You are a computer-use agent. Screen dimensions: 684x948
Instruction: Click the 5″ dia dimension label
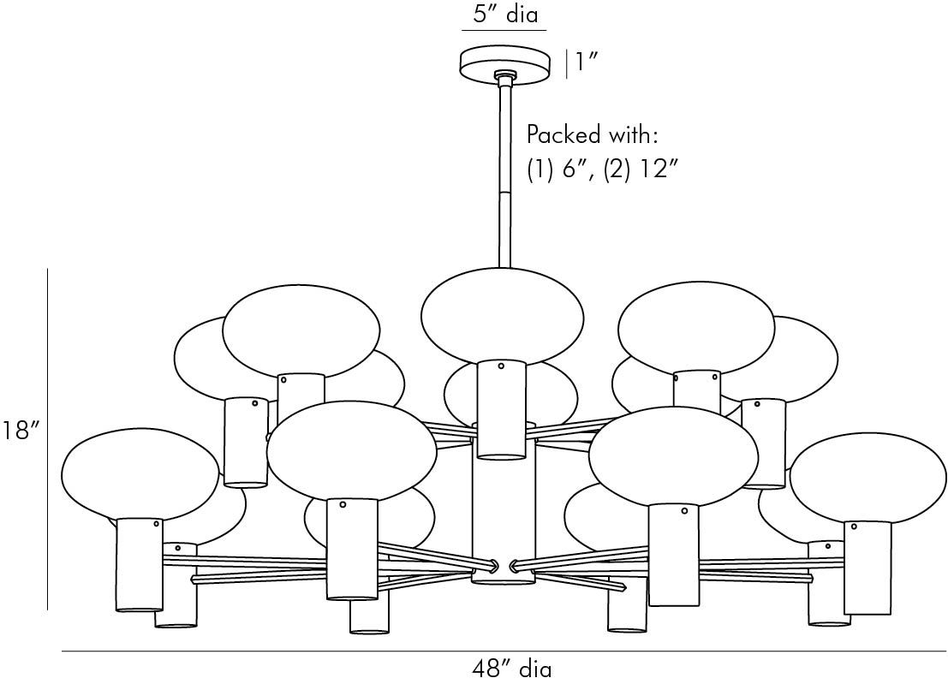click(504, 15)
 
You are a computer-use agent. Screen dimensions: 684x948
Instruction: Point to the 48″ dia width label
click(512, 669)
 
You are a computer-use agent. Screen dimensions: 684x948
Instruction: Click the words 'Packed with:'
click(592, 135)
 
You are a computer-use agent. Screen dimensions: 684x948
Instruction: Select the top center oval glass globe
click(503, 314)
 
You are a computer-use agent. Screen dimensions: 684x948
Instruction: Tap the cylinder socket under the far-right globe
click(868, 567)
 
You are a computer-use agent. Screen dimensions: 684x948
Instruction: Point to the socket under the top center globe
click(501, 408)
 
